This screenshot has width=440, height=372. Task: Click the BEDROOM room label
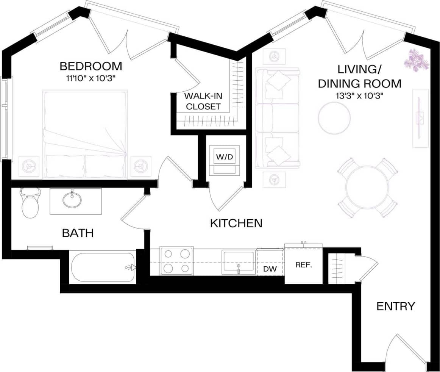tap(91, 66)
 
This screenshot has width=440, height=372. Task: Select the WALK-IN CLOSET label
tap(203, 101)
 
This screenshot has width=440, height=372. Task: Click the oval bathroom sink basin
tap(72, 200)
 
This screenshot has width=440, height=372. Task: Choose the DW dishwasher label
tap(270, 269)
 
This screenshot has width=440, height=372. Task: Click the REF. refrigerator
tap(303, 265)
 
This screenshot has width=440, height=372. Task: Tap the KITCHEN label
tap(236, 223)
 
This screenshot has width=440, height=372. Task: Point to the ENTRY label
tap(396, 306)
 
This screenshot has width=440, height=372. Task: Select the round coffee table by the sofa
tap(334, 118)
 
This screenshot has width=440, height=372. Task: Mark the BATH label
tap(78, 233)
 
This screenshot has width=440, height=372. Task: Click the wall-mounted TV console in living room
tap(420, 117)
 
